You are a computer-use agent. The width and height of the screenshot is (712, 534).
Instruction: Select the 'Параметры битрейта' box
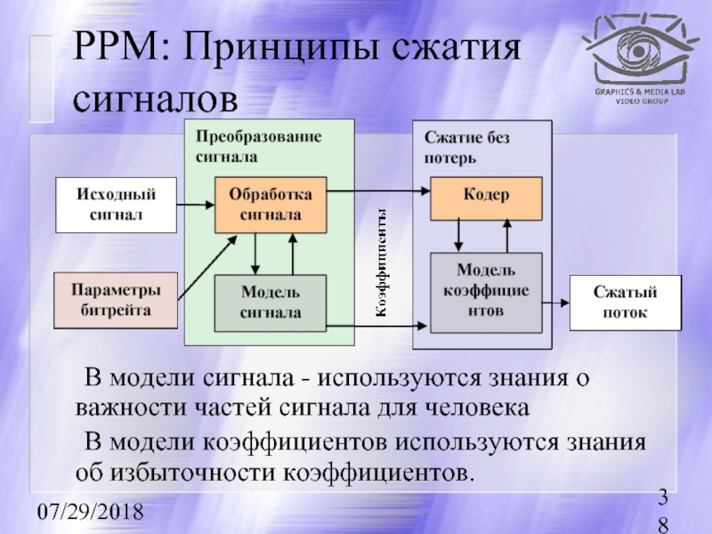tap(116, 300)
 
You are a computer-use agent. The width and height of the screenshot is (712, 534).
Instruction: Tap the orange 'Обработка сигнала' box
tap(271, 204)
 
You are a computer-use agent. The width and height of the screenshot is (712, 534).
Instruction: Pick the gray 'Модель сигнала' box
tap(271, 303)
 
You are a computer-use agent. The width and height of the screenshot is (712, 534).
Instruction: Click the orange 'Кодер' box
tap(486, 197)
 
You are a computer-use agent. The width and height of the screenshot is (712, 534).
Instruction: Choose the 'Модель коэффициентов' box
tap(486, 291)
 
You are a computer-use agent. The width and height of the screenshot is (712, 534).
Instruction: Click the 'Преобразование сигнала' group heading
tap(258, 145)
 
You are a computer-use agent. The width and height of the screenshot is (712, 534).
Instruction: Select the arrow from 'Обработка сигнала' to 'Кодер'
tap(378, 190)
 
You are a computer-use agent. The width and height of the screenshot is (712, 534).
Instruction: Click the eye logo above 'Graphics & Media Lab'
tap(633, 49)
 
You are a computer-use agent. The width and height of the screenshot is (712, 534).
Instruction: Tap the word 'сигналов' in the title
tap(156, 97)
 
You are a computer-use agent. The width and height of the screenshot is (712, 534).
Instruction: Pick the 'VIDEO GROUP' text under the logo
tap(641, 101)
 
